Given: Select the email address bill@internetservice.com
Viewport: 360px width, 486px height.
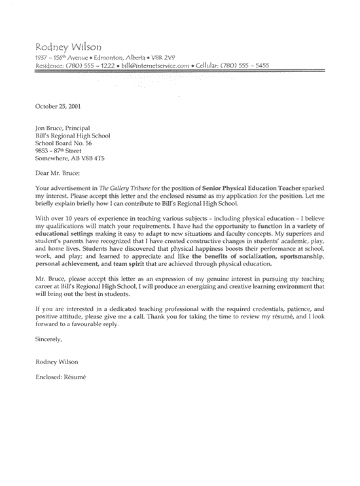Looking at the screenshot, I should [x=156, y=66].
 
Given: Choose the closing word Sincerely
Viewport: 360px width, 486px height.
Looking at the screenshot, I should [x=49, y=339].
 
